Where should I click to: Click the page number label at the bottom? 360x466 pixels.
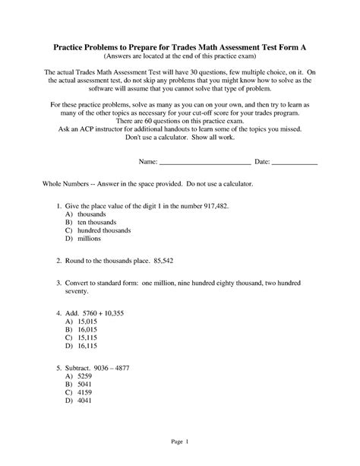(x=180, y=442)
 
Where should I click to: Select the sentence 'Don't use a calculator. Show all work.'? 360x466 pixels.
(x=180, y=138)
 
